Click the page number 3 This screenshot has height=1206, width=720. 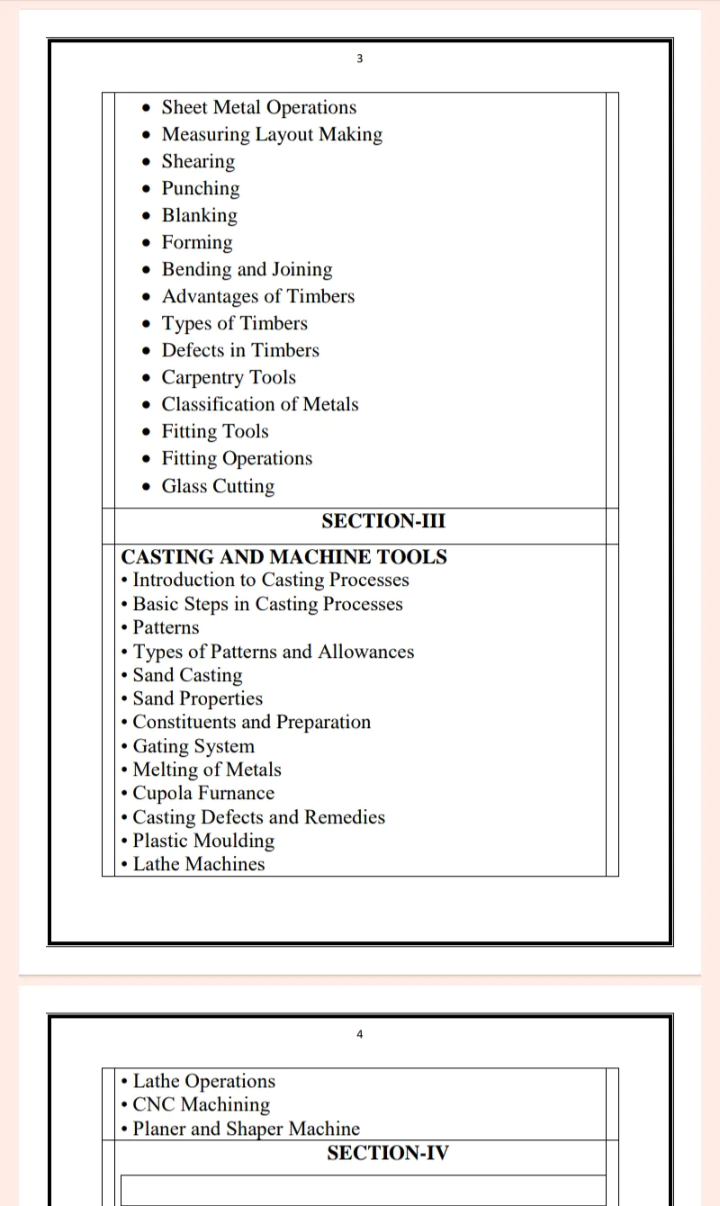point(359,59)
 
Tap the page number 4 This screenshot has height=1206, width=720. point(359,1034)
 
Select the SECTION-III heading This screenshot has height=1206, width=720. point(383,521)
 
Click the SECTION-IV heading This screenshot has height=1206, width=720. point(387,1153)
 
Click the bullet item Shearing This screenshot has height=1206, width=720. point(198,162)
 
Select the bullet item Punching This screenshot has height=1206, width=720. point(201,189)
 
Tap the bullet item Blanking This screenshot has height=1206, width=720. point(200,216)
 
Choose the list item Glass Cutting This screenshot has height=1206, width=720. point(218,486)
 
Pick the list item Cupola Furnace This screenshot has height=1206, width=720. point(203,794)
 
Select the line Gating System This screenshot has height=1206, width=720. point(193,746)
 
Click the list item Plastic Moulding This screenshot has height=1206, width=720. point(203,841)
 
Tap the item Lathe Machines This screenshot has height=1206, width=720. point(199,864)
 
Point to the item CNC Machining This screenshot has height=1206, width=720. point(201,1104)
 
